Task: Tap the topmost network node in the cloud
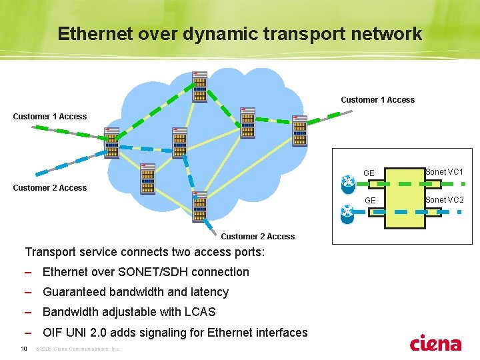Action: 200,86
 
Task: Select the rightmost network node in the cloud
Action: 300,131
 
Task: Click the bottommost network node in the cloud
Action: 199,207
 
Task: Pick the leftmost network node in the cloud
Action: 111,143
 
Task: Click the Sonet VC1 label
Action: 444,172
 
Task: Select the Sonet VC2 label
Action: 444,200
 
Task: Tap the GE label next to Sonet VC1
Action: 369,173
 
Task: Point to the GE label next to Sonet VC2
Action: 369,201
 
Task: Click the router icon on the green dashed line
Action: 347,183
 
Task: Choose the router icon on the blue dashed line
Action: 347,213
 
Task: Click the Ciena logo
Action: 435,343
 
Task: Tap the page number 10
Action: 23,349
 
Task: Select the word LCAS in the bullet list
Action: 199,312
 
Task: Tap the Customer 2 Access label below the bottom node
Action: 257,237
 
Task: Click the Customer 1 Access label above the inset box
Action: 377,100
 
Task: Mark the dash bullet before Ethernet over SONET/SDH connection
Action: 28,272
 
